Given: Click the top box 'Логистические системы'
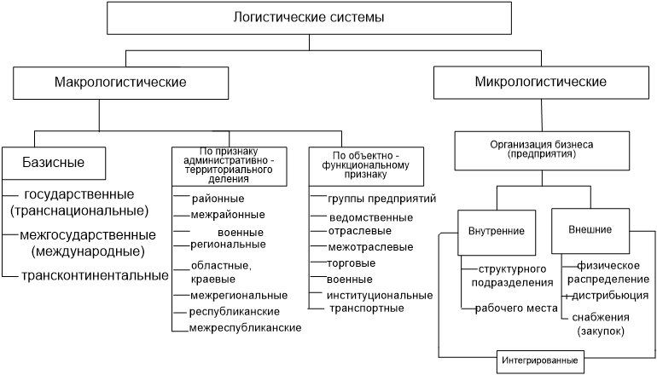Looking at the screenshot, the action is tap(309, 18).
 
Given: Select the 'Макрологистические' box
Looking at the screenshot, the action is tap(120, 83).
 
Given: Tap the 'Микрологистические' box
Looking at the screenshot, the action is tap(541, 82).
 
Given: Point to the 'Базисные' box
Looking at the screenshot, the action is tap(54, 163).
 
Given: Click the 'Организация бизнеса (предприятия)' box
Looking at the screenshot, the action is tap(542, 151).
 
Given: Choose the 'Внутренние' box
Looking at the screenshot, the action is tap(497, 233).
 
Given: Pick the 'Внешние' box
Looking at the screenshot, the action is tap(590, 231).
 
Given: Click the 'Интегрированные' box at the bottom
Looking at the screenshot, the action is tap(540, 361).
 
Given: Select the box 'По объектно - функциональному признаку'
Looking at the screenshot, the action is tap(366, 166).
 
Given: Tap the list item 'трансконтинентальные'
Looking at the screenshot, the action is tap(95, 276).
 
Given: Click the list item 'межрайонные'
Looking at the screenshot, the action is tap(228, 215).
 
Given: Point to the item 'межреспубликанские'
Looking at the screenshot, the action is tap(245, 328).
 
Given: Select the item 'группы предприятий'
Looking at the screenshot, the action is tap(381, 199).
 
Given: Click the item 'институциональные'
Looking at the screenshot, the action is tap(380, 296).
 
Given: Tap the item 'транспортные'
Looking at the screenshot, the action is tap(367, 309).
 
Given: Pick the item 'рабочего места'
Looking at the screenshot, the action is tap(516, 309).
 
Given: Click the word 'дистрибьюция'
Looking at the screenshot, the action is tap(610, 296).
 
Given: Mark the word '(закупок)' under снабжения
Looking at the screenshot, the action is tap(601, 332).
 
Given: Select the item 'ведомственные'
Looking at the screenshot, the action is tap(371, 217).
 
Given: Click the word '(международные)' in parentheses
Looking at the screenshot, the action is tap(88, 251).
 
